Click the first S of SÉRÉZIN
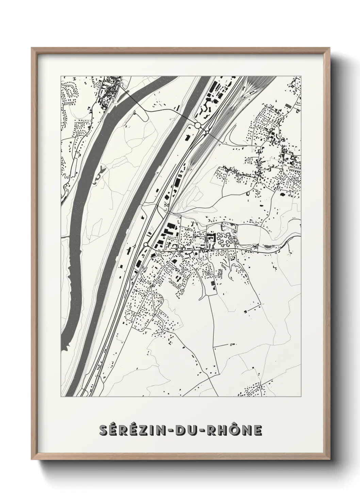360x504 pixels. point(104,430)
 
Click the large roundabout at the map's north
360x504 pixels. point(198,125)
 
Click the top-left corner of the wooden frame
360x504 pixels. point(32,48)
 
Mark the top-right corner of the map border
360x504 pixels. point(301,76)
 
